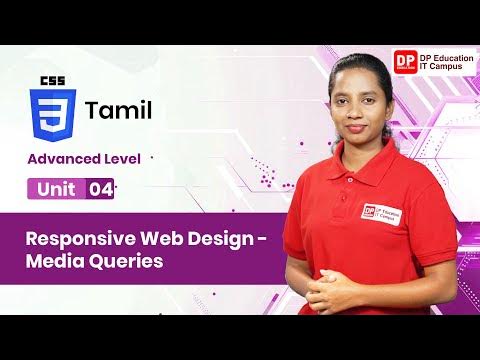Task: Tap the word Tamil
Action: pos(119,109)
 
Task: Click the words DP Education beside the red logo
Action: pos(449,55)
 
